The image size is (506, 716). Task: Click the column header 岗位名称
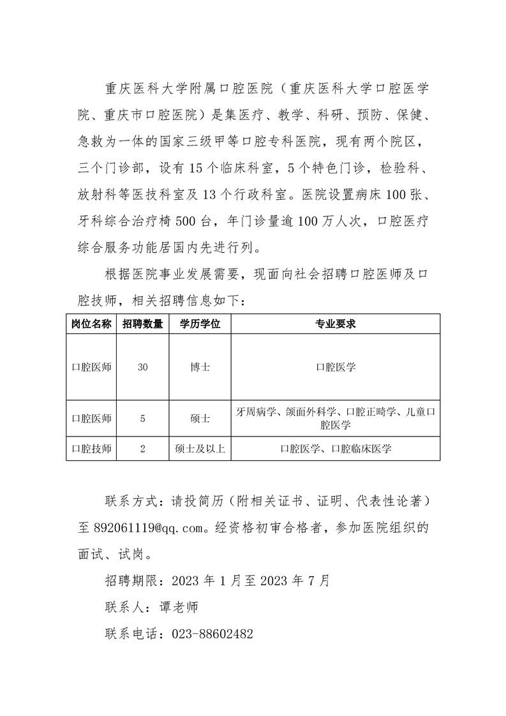coord(91,324)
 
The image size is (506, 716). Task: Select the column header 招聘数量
coord(142,324)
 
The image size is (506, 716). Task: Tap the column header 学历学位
coord(200,324)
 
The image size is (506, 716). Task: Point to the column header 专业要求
coord(335,324)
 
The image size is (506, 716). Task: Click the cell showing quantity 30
coord(142,368)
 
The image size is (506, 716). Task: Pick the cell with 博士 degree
coord(200,368)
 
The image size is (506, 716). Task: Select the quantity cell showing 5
coord(142,419)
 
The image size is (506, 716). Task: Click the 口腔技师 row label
coord(91,449)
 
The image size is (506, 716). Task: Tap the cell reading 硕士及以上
coord(200,449)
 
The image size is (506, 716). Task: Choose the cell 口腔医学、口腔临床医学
coord(335,449)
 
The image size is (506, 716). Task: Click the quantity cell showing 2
coord(142,449)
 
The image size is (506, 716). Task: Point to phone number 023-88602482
coord(211,634)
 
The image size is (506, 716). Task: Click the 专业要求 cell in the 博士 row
coord(335,368)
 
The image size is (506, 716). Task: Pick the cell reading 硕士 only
coord(200,419)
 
